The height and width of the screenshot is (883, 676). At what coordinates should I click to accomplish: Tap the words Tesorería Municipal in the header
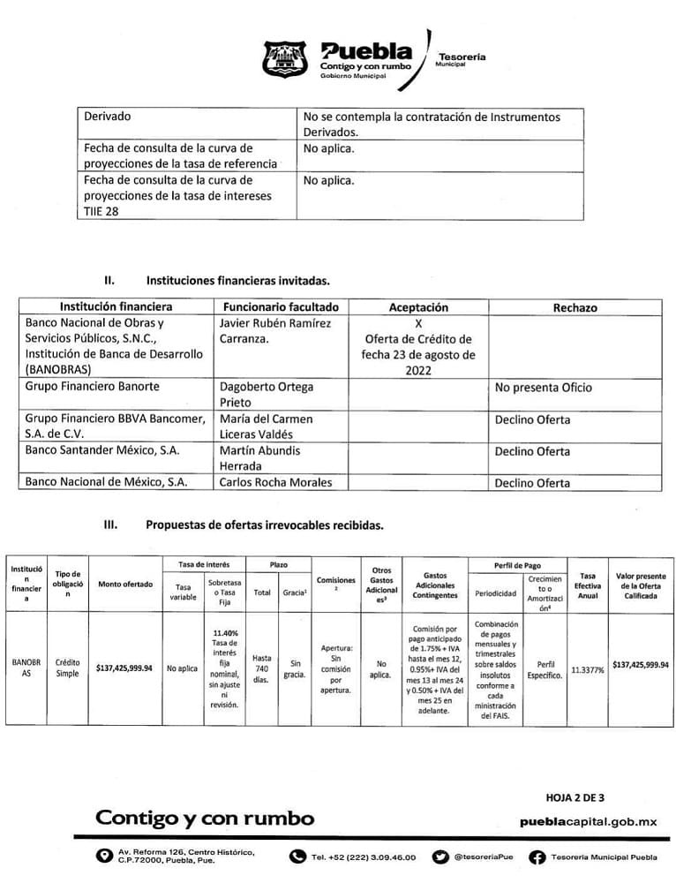[461, 60]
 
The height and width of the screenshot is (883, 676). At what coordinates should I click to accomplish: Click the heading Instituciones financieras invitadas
[237, 281]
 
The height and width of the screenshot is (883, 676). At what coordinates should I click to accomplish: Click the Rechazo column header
[575, 307]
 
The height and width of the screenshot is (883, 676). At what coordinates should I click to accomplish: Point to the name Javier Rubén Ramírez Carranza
[274, 330]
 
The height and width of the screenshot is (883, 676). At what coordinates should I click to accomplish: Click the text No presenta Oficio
[543, 387]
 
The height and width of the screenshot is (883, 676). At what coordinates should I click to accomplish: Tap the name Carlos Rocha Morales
[274, 482]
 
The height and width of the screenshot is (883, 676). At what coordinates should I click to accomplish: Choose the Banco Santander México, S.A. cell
[102, 450]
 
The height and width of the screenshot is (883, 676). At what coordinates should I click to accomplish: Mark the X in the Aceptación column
[418, 323]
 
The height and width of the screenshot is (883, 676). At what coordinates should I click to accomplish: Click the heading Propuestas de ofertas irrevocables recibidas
[264, 525]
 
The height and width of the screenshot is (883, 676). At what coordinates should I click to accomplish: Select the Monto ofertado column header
[124, 584]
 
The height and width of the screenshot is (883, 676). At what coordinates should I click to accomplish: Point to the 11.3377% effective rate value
[587, 670]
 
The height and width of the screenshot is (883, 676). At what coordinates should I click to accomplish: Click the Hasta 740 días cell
[261, 668]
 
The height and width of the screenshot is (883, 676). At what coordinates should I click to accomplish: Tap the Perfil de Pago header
[517, 565]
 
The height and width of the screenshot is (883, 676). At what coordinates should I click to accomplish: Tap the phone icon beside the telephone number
[298, 857]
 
